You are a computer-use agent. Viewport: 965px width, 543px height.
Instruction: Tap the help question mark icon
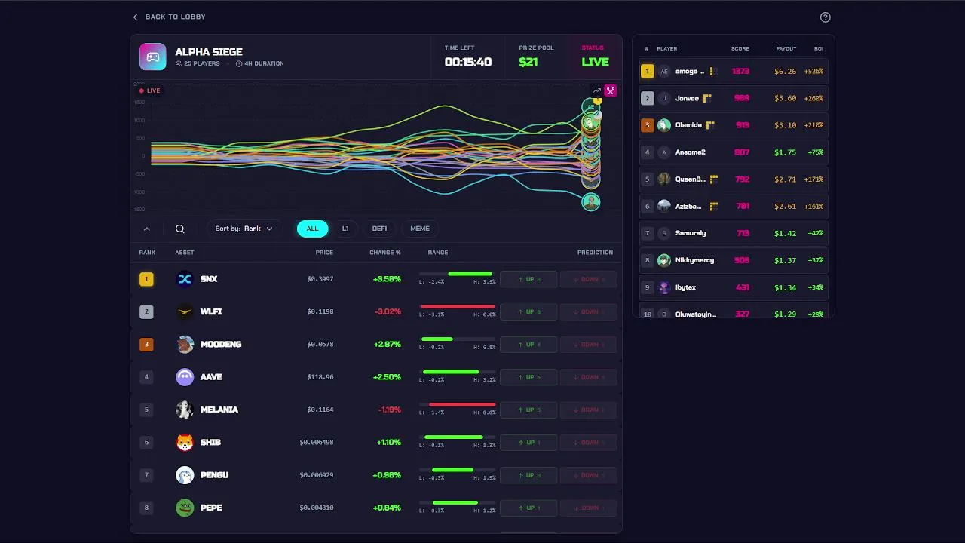pyautogui.click(x=825, y=17)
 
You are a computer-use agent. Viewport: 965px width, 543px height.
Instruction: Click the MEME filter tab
pyautogui.click(x=420, y=229)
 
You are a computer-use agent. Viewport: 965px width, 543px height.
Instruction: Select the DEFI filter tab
pyautogui.click(x=379, y=229)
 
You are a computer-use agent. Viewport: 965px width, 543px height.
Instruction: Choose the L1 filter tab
pyautogui.click(x=345, y=229)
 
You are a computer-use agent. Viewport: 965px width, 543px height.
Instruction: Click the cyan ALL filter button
pyautogui.click(x=312, y=229)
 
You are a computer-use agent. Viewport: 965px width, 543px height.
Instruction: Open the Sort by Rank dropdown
pyautogui.click(x=244, y=229)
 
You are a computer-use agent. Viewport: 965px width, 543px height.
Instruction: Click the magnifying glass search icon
pyautogui.click(x=180, y=229)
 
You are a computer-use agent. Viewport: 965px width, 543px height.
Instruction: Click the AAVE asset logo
pyautogui.click(x=185, y=377)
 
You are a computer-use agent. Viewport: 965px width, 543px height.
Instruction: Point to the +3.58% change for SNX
pyautogui.click(x=387, y=279)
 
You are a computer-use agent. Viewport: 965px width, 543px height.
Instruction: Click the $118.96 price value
pyautogui.click(x=320, y=377)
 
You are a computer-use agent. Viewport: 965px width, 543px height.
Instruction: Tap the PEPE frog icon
pyautogui.click(x=185, y=508)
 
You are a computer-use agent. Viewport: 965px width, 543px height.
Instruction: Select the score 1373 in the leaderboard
pyautogui.click(x=740, y=72)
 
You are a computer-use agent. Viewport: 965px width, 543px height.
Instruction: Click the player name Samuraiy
pyautogui.click(x=691, y=233)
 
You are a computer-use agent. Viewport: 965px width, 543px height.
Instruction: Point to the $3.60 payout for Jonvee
pyautogui.click(x=786, y=98)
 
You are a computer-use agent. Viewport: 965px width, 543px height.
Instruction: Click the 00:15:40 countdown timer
pyautogui.click(x=467, y=62)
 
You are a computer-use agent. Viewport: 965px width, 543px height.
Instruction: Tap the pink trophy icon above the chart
pyautogui.click(x=611, y=90)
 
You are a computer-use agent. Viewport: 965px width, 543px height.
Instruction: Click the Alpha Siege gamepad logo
pyautogui.click(x=153, y=57)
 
